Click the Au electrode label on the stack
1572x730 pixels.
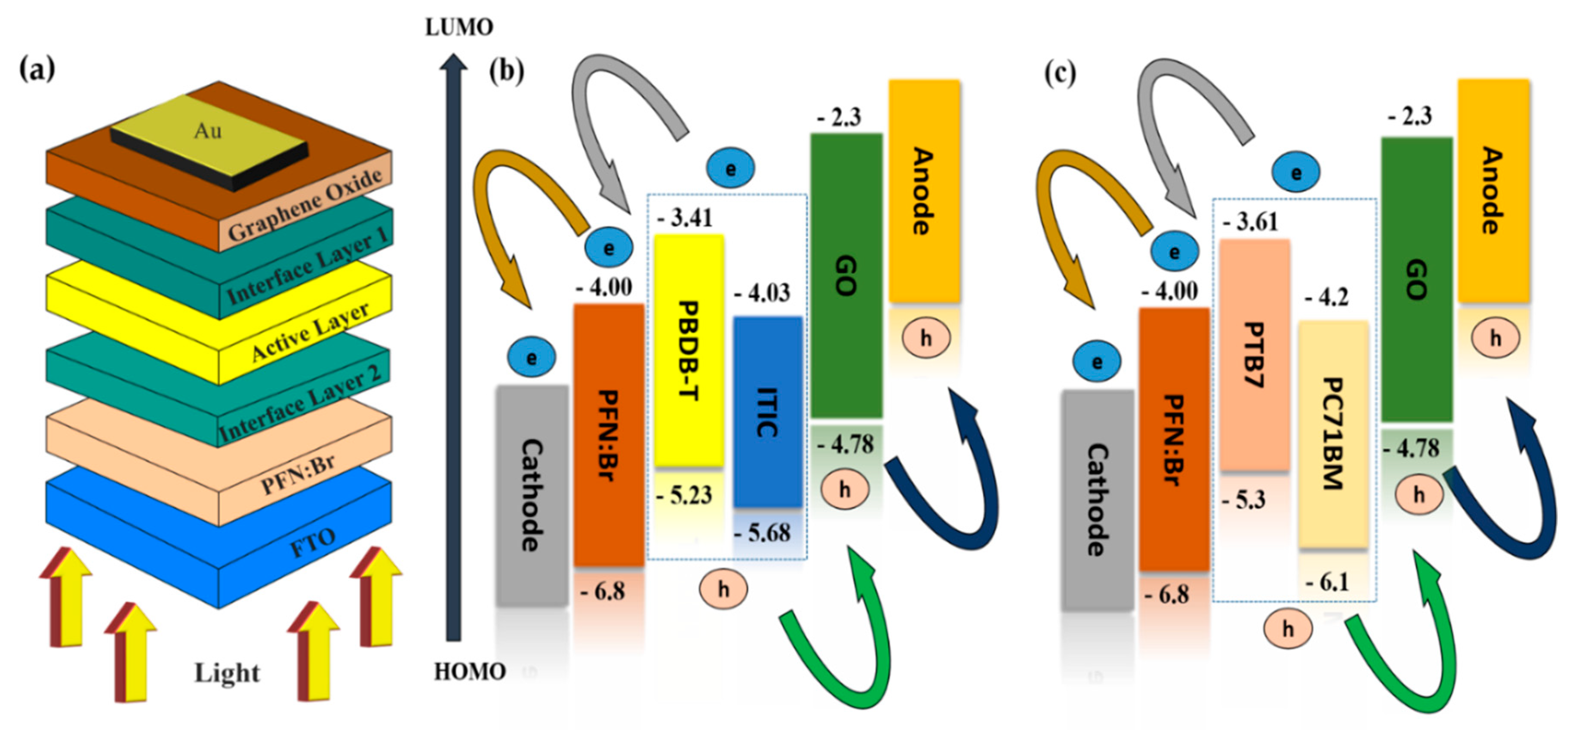pyautogui.click(x=207, y=131)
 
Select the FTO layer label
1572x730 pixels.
pyautogui.click(x=312, y=542)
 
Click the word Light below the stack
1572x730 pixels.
pyautogui.click(x=227, y=673)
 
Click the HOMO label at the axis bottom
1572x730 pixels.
pyautogui.click(x=470, y=672)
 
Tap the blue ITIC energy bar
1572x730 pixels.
pyautogui.click(x=767, y=412)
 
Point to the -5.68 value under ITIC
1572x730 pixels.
pyautogui.click(x=763, y=534)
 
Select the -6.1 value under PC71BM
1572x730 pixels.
pyautogui.click(x=1328, y=583)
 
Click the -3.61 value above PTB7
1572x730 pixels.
pyautogui.click(x=1250, y=222)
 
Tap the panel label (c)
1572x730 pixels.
pyautogui.click(x=1061, y=73)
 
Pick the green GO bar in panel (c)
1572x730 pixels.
pyautogui.click(x=1416, y=279)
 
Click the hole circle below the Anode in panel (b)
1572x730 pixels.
pyautogui.click(x=926, y=337)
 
